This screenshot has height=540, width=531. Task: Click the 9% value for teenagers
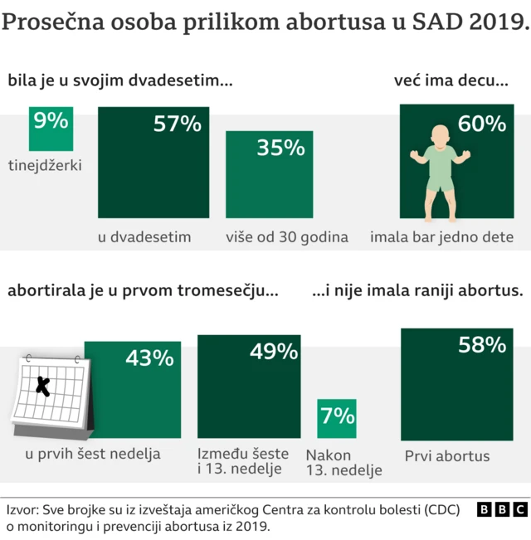pos(51,122)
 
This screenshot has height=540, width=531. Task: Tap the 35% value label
pos(280,148)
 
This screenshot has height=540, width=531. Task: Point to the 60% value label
pos(481,124)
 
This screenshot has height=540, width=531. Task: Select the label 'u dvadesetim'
pos(144,237)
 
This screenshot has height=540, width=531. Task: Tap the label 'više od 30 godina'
pos(286,237)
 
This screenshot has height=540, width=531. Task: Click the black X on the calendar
pos(43,385)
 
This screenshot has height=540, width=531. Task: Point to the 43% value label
pos(149,358)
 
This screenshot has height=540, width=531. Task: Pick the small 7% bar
pos(336,418)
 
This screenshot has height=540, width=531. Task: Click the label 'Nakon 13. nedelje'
pos(343,463)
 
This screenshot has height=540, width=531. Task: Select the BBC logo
pos(501,509)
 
